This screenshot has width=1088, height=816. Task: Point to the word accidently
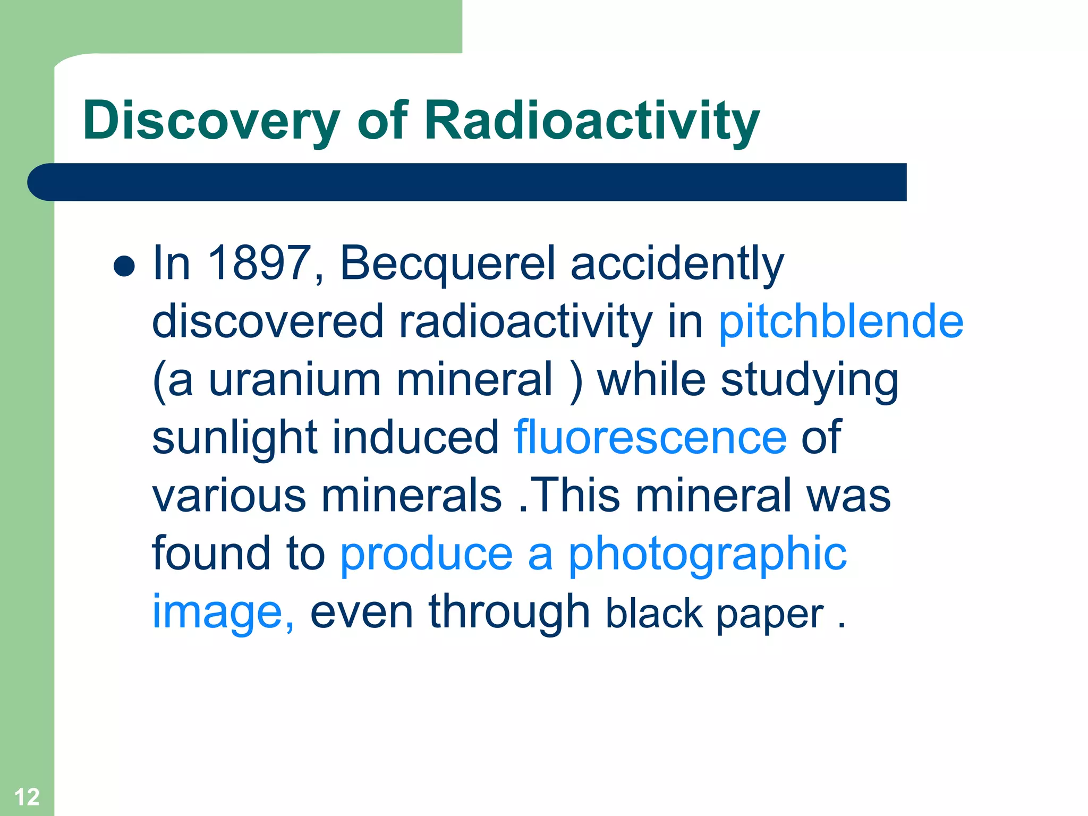[x=677, y=264]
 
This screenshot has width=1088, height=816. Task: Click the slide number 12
[x=27, y=797]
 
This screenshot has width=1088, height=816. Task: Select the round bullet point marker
[x=124, y=266]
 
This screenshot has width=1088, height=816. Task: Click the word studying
[x=809, y=381]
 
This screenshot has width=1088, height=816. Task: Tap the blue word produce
[x=426, y=554]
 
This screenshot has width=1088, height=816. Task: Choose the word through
[x=509, y=613]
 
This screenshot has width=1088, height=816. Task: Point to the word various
[x=229, y=496]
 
